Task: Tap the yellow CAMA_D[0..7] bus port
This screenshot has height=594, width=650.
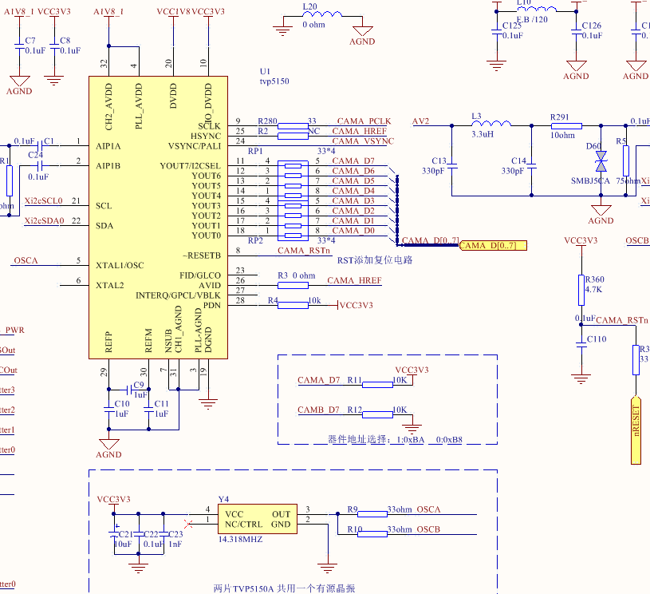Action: (x=493, y=245)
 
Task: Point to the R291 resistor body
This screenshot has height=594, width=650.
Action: (x=566, y=126)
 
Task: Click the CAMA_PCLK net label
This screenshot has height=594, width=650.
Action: (x=364, y=121)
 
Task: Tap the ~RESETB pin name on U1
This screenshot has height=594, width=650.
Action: (x=201, y=255)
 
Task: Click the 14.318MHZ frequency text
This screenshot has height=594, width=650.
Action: (x=240, y=540)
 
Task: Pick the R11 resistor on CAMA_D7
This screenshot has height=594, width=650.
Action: (x=377, y=384)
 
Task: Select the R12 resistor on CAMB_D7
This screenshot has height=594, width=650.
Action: (x=377, y=414)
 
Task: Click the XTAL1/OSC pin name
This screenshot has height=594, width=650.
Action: (x=120, y=265)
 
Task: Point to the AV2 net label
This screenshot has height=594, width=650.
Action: (x=420, y=121)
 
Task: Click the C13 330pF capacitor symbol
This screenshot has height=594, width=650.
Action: (x=451, y=166)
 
